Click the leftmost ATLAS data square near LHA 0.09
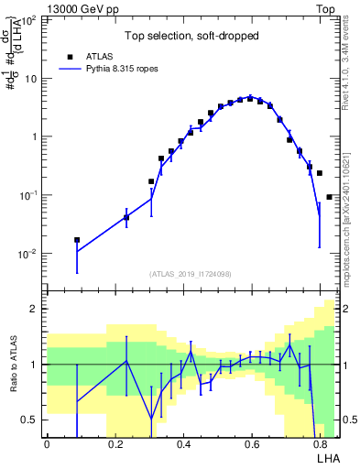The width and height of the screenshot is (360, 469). click(77, 240)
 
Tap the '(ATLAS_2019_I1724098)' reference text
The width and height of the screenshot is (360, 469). click(191, 274)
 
